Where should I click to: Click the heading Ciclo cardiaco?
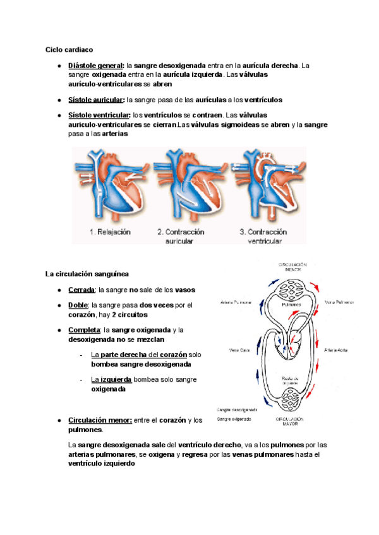pyautogui.click(x=69, y=49)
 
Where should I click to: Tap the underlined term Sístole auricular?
pyautogui.click(x=95, y=100)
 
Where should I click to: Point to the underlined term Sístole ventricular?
pyautogui.click(x=99, y=115)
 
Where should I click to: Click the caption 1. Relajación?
pyautogui.click(x=110, y=232)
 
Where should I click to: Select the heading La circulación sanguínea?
pyautogui.click(x=87, y=274)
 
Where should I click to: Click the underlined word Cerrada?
pyautogui.click(x=81, y=290)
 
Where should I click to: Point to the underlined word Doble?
pyautogui.click(x=78, y=305)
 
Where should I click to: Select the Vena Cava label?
pyautogui.click(x=230, y=350)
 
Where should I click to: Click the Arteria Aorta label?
pyautogui.click(x=337, y=350)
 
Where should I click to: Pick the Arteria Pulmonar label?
pyautogui.click(x=237, y=302)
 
